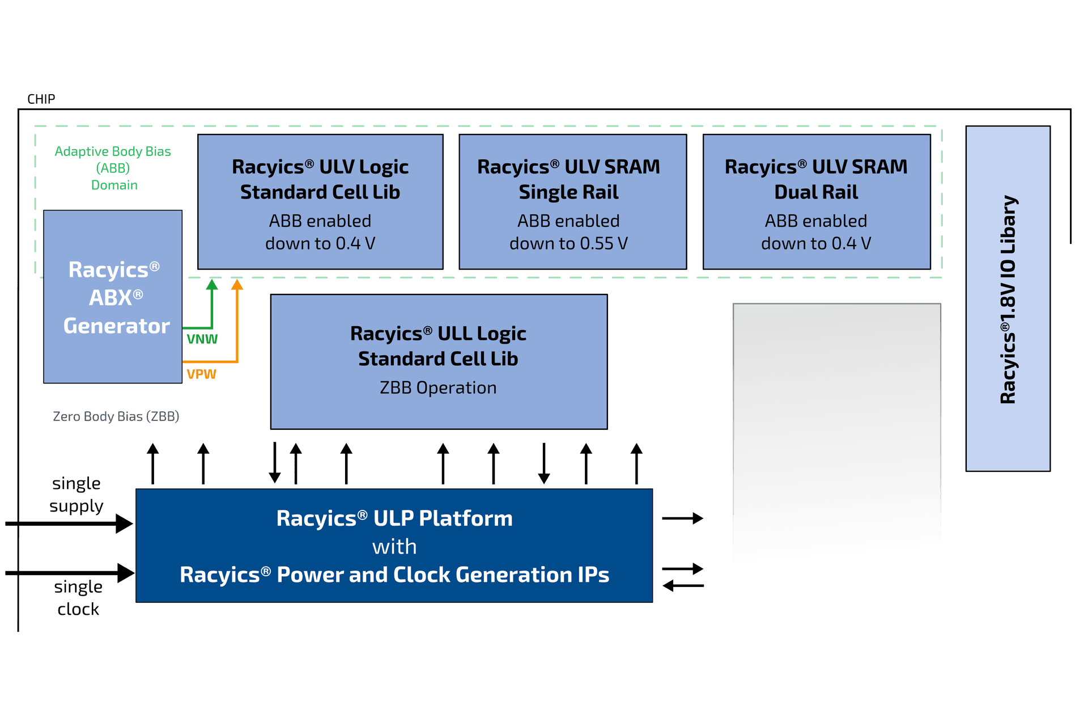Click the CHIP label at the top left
(41, 99)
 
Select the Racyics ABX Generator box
(113, 297)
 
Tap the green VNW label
(202, 339)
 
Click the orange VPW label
(201, 374)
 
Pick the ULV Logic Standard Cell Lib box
(320, 201)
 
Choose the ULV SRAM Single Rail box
(572, 201)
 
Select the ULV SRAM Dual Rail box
(817, 201)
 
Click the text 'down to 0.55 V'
(568, 244)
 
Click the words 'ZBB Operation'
(438, 388)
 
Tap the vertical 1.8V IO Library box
(1008, 299)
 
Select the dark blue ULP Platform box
(394, 546)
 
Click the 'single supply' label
(76, 495)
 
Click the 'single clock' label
(78, 598)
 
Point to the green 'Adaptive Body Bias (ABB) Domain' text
(113, 168)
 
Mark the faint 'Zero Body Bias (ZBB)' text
(116, 417)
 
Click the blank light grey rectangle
(836, 431)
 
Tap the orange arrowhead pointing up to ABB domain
(237, 285)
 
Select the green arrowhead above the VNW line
(212, 285)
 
